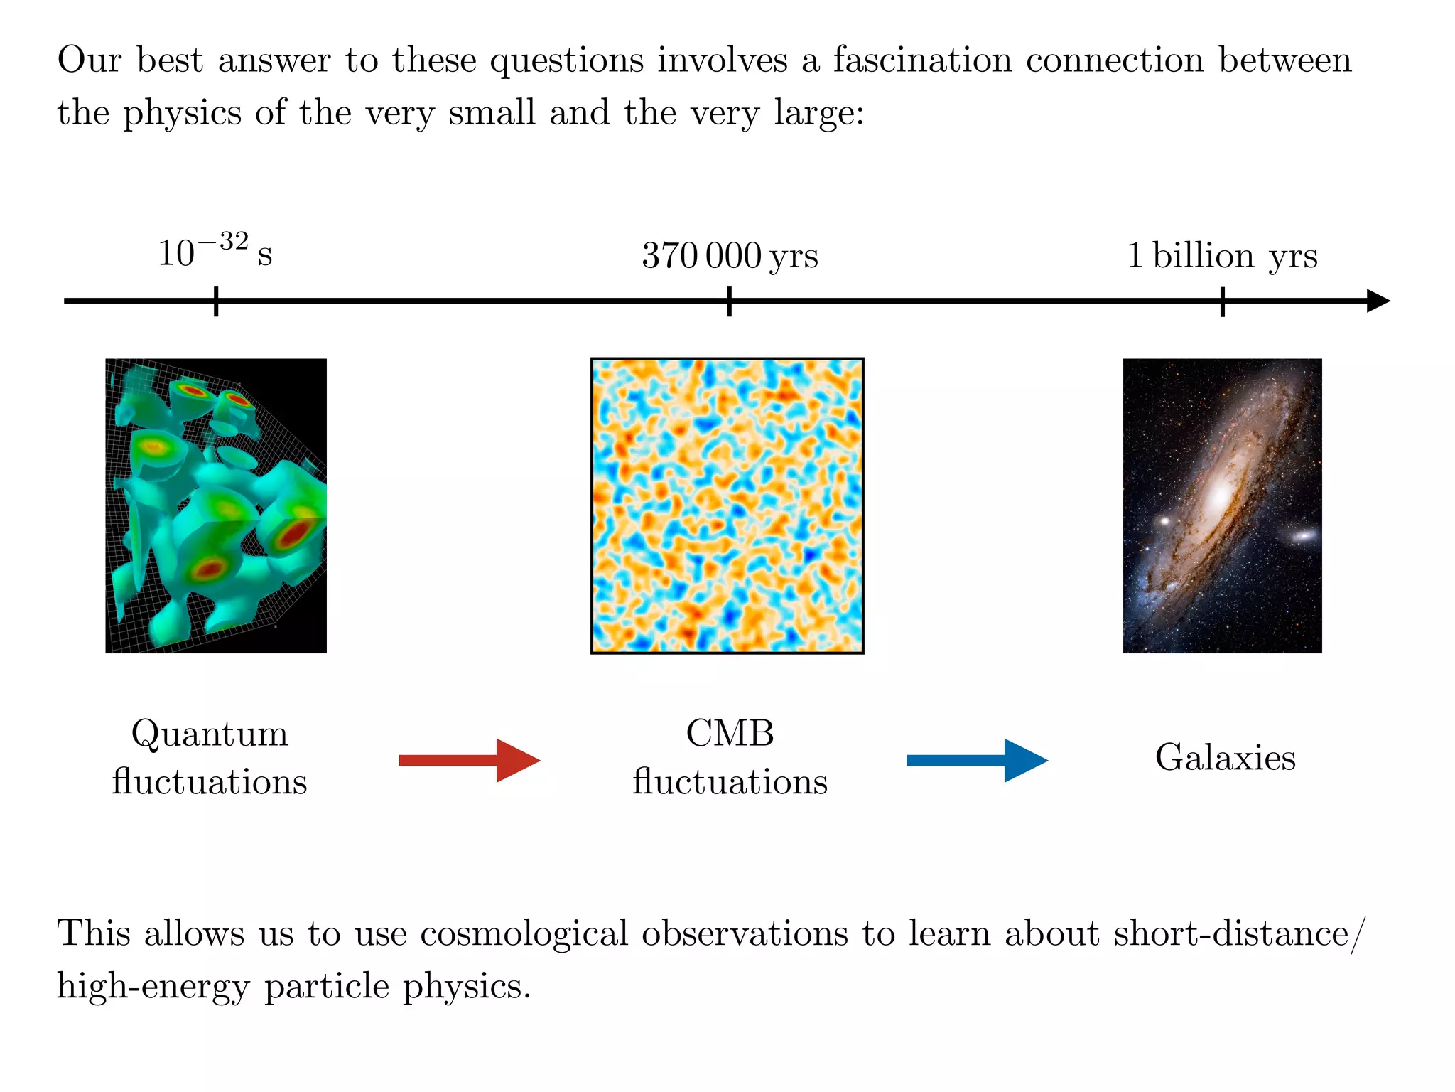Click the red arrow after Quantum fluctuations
coord(469,760)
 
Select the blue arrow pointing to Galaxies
coord(977,760)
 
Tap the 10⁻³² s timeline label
coord(215,252)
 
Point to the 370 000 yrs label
coord(730,255)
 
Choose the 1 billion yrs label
coord(1222,255)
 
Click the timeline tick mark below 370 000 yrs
coord(730,301)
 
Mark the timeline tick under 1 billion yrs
coord(1223,301)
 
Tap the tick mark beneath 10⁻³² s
coord(216,301)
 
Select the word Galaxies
coord(1226,757)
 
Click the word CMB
coord(730,733)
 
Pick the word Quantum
coord(210,734)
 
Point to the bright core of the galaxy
coord(1221,493)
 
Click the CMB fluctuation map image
coord(727,505)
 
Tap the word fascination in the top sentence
coord(922,60)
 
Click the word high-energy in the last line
coord(153,987)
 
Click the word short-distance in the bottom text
coord(1230,933)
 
